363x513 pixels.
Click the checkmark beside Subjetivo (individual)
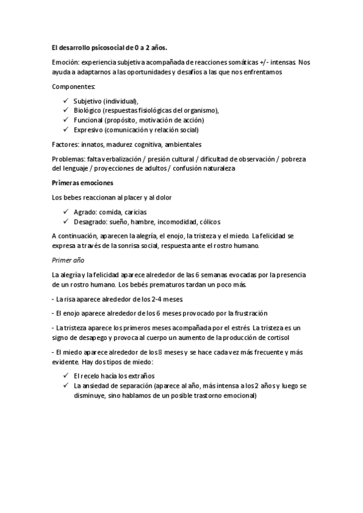[x=65, y=100]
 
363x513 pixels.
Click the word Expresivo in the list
[x=88, y=129]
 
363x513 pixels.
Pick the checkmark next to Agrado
[x=65, y=211]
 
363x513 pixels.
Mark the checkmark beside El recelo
[x=65, y=375]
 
